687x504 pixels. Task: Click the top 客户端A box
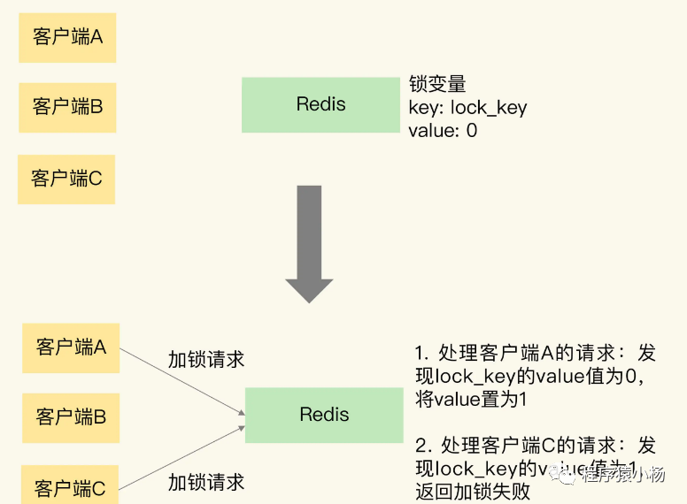pyautogui.click(x=67, y=37)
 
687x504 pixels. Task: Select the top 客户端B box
pyautogui.click(x=67, y=107)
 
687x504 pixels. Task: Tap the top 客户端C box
pyautogui.click(x=66, y=179)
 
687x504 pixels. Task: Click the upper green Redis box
pyautogui.click(x=320, y=104)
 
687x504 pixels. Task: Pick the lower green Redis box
pyautogui.click(x=324, y=415)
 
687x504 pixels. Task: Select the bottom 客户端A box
pyautogui.click(x=71, y=347)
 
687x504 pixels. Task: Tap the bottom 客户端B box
pyautogui.click(x=71, y=416)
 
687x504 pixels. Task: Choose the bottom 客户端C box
pyautogui.click(x=70, y=485)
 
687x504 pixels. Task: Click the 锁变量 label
pyautogui.click(x=437, y=84)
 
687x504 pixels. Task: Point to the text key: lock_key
pyautogui.click(x=467, y=108)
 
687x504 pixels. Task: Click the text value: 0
pyautogui.click(x=443, y=131)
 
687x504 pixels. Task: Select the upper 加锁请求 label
pyautogui.click(x=205, y=359)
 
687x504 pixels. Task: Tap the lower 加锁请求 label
pyautogui.click(x=205, y=482)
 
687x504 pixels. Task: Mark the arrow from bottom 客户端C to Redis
pyautogui.click(x=181, y=456)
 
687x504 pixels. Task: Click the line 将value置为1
pyautogui.click(x=471, y=399)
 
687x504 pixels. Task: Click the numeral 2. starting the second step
pyautogui.click(x=421, y=446)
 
